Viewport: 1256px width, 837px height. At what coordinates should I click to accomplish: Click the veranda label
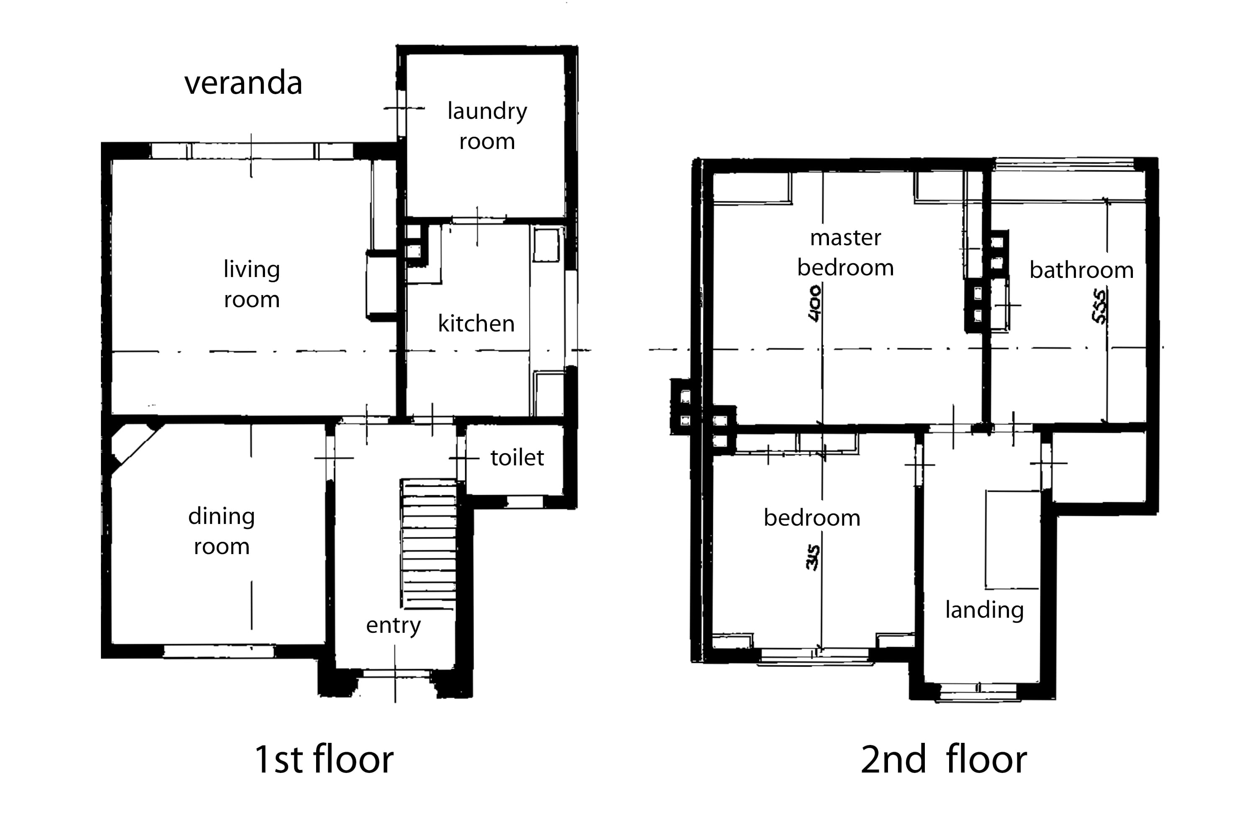(244, 83)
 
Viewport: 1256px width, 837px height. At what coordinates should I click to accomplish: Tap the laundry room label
(487, 126)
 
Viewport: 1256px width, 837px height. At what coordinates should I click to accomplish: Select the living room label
(252, 284)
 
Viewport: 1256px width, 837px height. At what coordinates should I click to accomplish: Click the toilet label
(517, 457)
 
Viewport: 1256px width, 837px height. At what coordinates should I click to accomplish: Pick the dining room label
(221, 531)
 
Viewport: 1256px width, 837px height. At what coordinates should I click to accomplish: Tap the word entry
(394, 625)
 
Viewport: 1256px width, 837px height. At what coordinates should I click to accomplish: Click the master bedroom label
(845, 252)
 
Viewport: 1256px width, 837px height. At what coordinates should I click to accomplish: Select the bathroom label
(1081, 270)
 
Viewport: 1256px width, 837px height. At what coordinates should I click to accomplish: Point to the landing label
(984, 610)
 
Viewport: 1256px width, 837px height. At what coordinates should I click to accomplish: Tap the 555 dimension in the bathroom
(1099, 306)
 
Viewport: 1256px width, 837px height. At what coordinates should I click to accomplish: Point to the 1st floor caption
(324, 759)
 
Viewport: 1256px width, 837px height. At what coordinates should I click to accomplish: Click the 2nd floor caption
(944, 759)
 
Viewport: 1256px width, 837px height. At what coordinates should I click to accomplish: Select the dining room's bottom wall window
(219, 651)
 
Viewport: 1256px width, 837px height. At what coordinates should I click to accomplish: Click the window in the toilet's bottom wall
(525, 502)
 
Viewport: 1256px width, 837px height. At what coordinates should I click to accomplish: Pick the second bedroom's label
(812, 518)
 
